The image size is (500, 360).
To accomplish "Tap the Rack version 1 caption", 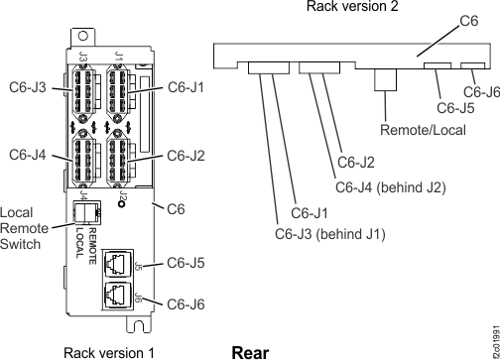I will coord(108,351).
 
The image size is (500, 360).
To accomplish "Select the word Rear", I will coord(248,351).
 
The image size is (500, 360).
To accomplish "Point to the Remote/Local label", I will coord(415,129).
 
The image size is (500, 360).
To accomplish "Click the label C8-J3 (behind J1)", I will coord(329,234).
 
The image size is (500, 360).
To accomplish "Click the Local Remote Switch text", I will coord(22,227).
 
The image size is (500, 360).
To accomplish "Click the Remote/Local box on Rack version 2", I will coord(388,80).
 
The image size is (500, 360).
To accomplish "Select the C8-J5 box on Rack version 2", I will coord(437,66).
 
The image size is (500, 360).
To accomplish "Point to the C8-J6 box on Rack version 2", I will coord(473,66).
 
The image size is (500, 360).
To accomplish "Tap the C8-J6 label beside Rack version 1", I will coord(186,302).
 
